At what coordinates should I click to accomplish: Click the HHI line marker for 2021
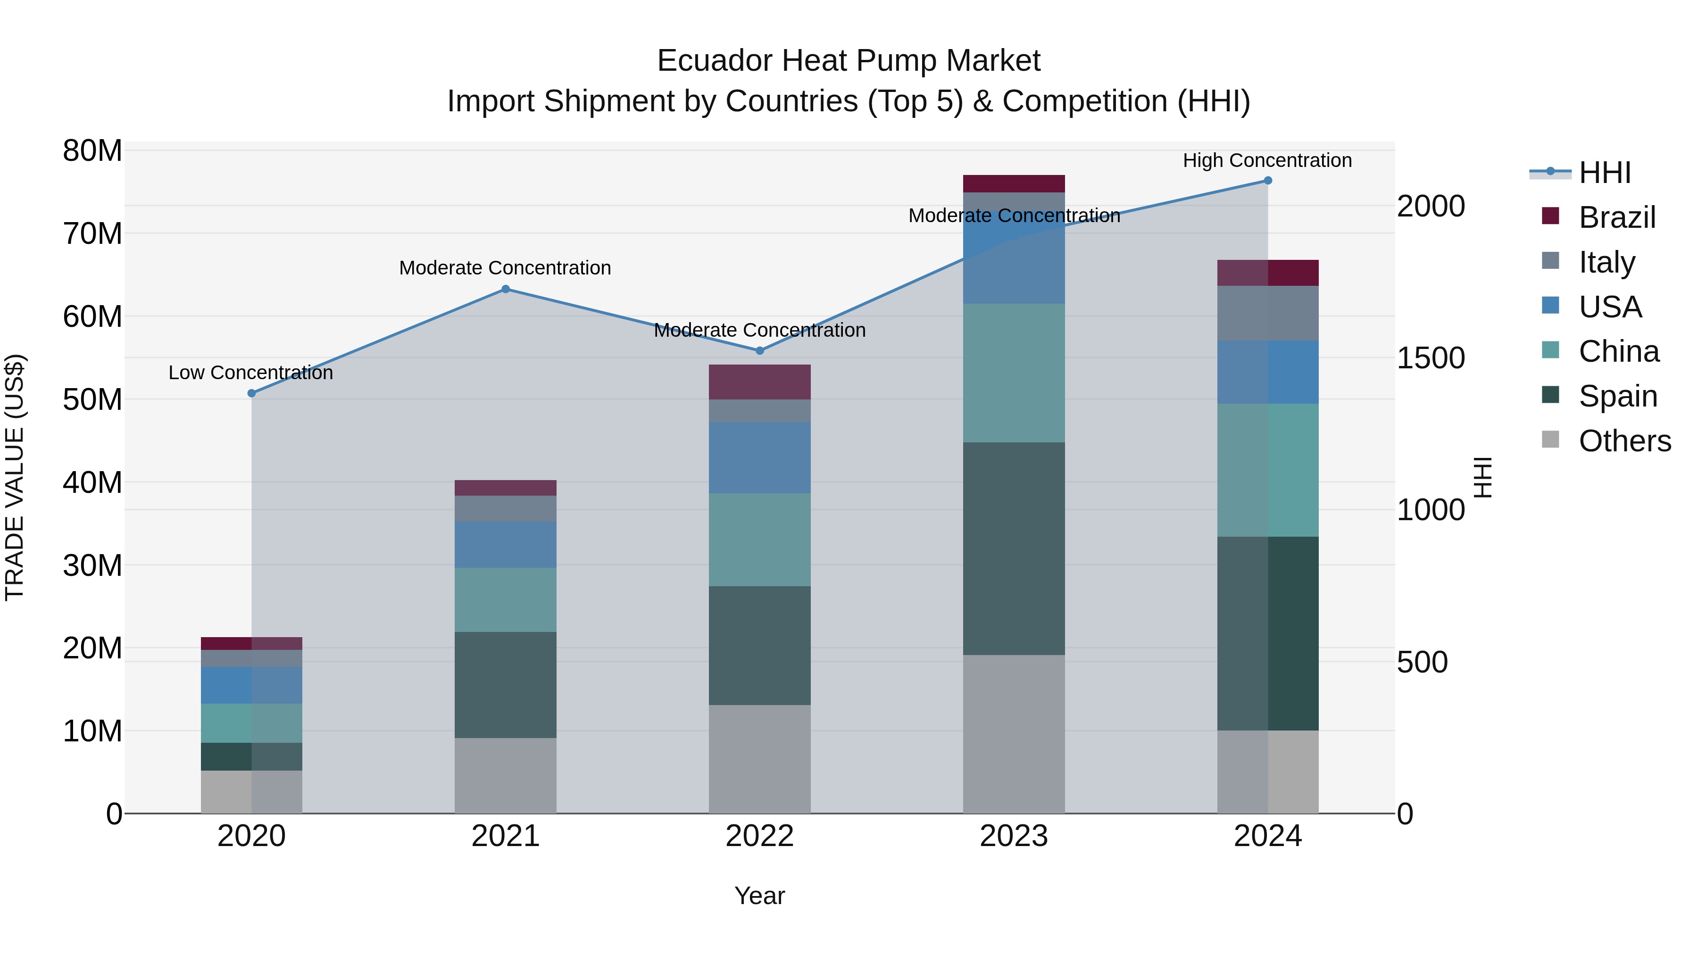(506, 289)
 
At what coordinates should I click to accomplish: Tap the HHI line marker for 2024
(1267, 181)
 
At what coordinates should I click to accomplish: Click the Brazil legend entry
(1616, 217)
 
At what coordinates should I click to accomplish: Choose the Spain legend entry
(1617, 396)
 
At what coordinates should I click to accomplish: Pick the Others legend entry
(1624, 441)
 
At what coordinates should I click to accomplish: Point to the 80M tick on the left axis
(92, 151)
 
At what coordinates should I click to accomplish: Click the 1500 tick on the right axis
(1431, 358)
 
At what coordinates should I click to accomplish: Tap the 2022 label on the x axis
(759, 836)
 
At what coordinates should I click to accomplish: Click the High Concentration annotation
(1267, 161)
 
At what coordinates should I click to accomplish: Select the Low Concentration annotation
(250, 373)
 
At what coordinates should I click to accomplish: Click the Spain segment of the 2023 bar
(1014, 548)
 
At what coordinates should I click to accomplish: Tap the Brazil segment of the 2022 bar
(759, 382)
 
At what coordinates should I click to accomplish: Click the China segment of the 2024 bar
(1267, 470)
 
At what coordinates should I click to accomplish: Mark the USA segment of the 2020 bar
(251, 685)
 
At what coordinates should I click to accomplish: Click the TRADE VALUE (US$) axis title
(15, 477)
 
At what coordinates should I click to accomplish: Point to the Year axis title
(759, 896)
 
